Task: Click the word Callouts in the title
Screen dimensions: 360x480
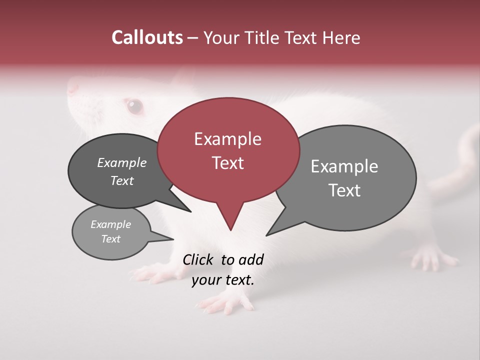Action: [x=147, y=37]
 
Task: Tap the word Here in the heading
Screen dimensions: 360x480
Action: [x=340, y=37]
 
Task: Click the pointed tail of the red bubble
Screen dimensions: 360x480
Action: [x=230, y=222]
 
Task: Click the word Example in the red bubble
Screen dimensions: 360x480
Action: [x=227, y=139]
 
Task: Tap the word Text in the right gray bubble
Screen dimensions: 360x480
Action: [x=344, y=190]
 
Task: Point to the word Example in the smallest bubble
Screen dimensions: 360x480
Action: [x=110, y=224]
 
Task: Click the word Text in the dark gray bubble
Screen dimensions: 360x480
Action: [x=122, y=180]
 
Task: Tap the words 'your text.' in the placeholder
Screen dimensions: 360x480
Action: [x=222, y=280]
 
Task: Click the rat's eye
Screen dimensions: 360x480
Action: [x=134, y=105]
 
